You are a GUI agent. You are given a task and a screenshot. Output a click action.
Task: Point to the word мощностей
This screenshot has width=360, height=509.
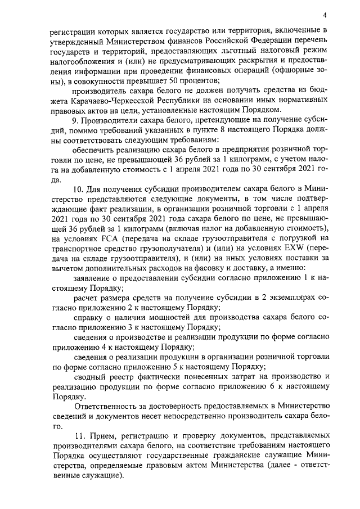pyautogui.click(x=169, y=316)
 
